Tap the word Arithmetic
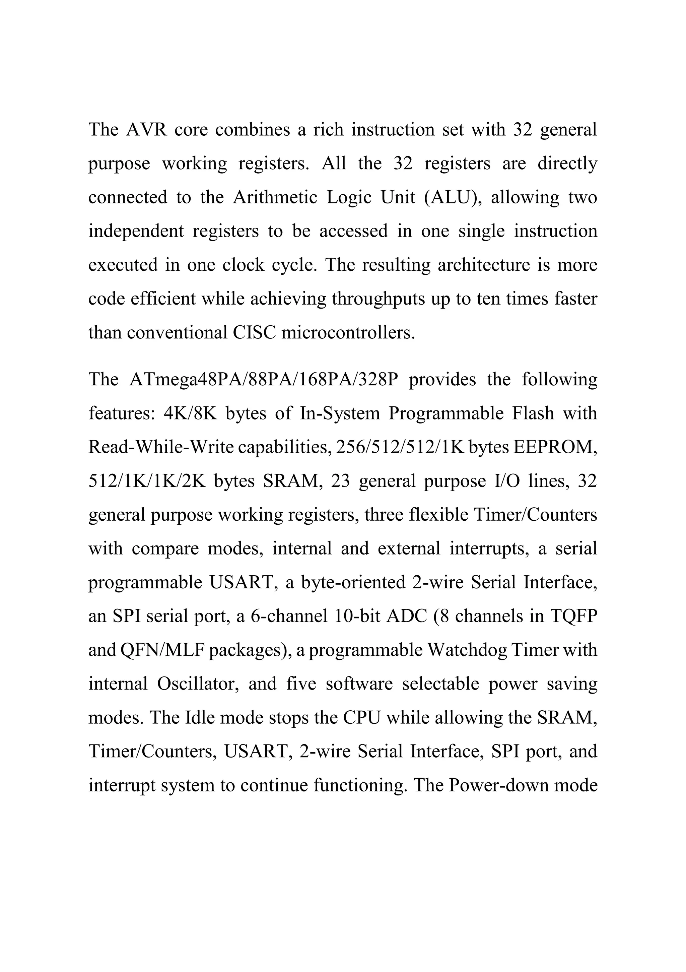(275, 197)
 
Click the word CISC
(254, 333)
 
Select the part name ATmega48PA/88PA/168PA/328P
(264, 379)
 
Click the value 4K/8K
(190, 413)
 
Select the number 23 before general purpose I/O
(341, 481)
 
